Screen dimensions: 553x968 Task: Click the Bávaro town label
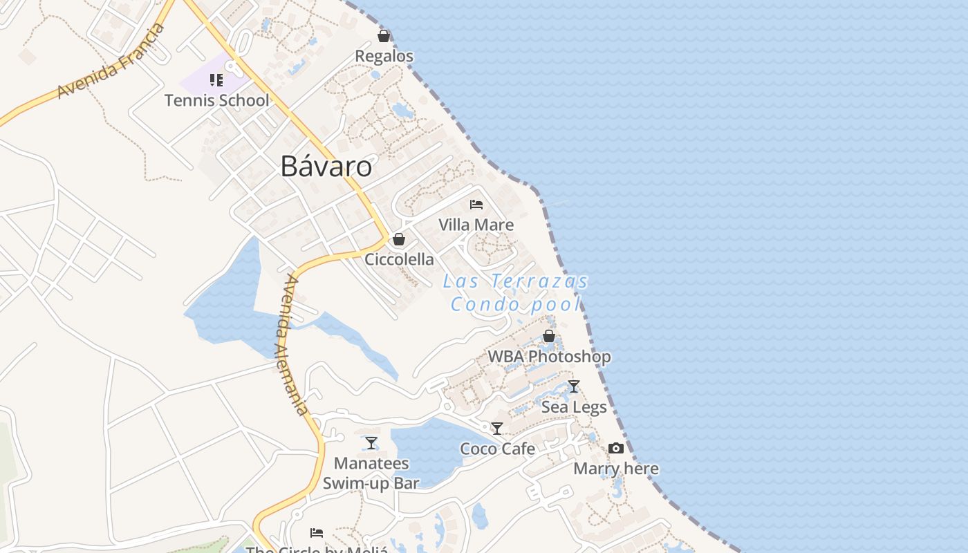pyautogui.click(x=326, y=167)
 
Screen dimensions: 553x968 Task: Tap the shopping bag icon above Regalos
pyautogui.click(x=384, y=36)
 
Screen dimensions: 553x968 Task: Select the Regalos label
pyautogui.click(x=384, y=56)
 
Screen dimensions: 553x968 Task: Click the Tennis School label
pyautogui.click(x=216, y=100)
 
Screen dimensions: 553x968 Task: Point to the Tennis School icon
pyautogui.click(x=216, y=80)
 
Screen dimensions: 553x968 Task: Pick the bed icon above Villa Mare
pyautogui.click(x=476, y=205)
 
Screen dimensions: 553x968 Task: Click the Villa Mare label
pyautogui.click(x=476, y=225)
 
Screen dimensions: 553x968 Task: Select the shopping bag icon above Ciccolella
pyautogui.click(x=398, y=240)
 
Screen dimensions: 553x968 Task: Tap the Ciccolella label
pyautogui.click(x=399, y=259)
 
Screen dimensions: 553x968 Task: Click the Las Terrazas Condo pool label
pyautogui.click(x=516, y=292)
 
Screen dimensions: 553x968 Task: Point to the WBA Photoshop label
pyautogui.click(x=549, y=357)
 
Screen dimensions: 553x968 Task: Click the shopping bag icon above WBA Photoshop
pyautogui.click(x=549, y=337)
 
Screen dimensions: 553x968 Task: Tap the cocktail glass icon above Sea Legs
pyautogui.click(x=573, y=386)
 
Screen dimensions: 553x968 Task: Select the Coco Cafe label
pyautogui.click(x=497, y=449)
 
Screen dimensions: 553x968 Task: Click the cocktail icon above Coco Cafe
pyautogui.click(x=496, y=429)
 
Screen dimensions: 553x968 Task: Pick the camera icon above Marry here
pyautogui.click(x=615, y=449)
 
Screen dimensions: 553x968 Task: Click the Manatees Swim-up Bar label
pyautogui.click(x=371, y=473)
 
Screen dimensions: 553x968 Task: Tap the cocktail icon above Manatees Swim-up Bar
pyautogui.click(x=371, y=443)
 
